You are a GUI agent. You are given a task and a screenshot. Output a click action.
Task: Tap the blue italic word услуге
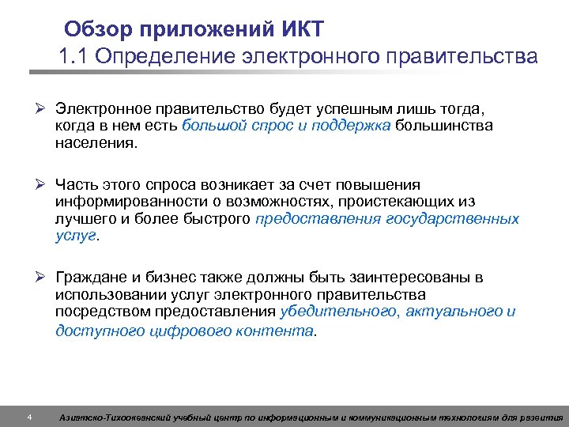(75, 236)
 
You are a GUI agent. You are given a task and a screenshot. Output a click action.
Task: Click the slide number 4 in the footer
(29, 417)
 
